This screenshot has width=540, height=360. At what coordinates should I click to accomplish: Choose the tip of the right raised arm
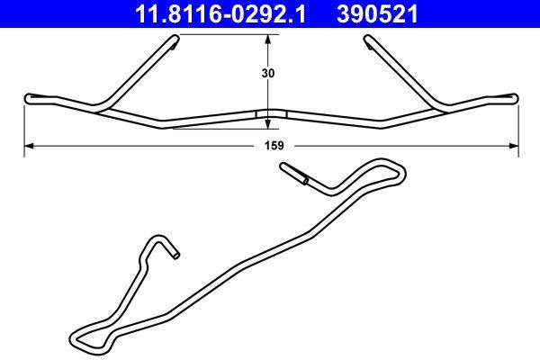point(367,39)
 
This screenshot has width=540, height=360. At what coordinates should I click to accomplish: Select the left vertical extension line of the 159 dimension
point(23,126)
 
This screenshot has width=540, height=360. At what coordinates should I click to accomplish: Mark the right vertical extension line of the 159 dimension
point(519,126)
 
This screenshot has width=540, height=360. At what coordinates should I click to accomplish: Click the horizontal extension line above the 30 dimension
point(225,34)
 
